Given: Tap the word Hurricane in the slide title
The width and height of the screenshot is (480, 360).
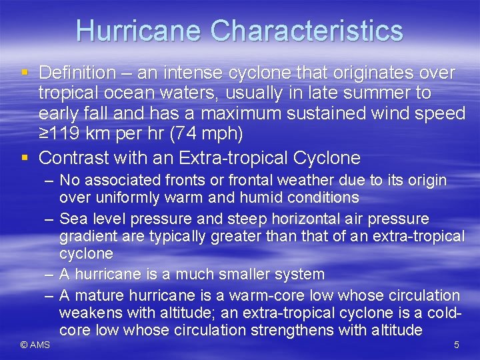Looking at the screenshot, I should (x=138, y=31).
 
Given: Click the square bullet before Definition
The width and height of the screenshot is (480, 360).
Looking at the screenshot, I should (x=24, y=72).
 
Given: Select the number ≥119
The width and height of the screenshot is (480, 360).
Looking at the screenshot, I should (x=62, y=133).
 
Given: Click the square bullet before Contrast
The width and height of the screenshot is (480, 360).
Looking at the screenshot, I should (x=24, y=158).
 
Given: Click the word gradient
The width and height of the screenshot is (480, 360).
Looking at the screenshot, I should (x=86, y=236).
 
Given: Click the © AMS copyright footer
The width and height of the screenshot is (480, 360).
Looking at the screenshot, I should (x=35, y=345).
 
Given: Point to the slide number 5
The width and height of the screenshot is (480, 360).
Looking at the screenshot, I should (x=457, y=345).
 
